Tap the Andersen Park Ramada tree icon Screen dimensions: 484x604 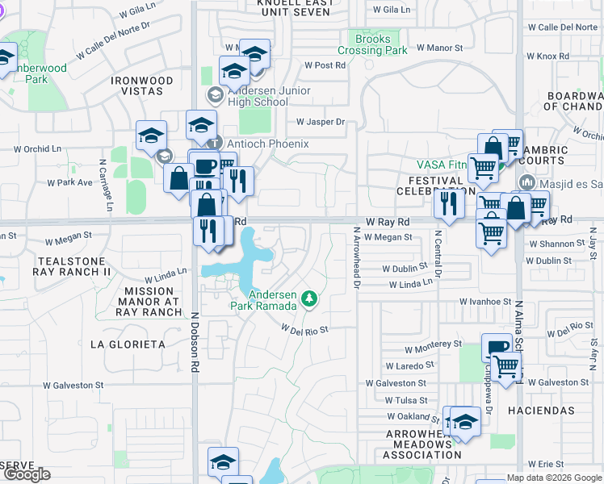point(308,300)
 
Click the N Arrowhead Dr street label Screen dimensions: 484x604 point(355,257)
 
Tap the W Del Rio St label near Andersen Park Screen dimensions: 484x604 point(304,329)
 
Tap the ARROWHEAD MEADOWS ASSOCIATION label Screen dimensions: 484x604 point(422,444)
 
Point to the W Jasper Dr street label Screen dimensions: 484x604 point(321,123)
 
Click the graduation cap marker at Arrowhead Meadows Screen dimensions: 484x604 point(465,423)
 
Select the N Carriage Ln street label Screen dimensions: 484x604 point(105,186)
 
